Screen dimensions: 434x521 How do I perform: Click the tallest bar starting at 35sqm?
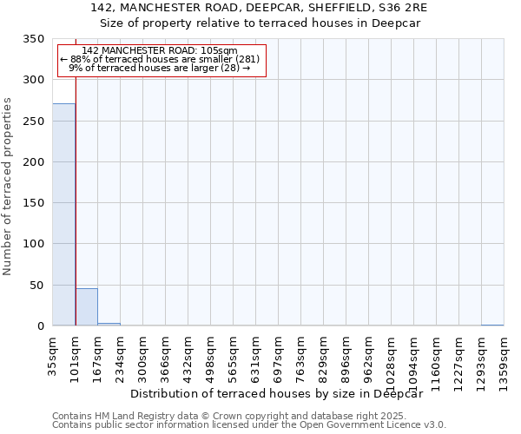pos(63,214)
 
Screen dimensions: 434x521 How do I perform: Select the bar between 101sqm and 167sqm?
pos(86,307)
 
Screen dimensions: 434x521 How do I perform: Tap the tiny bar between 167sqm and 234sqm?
pos(109,325)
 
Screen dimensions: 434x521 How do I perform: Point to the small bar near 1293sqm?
pos(491,325)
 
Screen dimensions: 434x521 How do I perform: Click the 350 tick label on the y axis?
pos(33,39)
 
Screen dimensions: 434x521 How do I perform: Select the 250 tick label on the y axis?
pos(33,122)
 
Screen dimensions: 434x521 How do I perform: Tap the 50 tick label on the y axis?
pos(36,286)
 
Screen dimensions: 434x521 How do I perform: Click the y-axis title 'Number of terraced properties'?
pos(8,186)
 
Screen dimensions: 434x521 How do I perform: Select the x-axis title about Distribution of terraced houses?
pos(282,393)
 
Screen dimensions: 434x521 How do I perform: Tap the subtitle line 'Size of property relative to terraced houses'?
pos(260,23)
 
